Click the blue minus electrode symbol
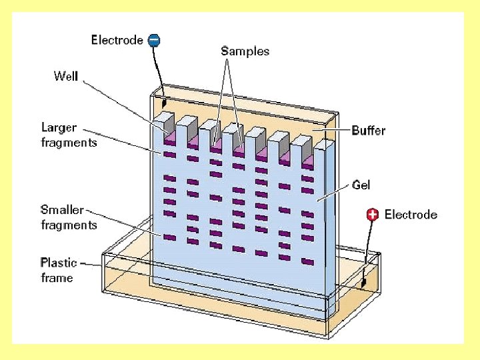[x=153, y=40]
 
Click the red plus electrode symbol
[x=373, y=214]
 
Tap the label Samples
[x=245, y=51]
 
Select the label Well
[x=66, y=76]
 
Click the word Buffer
[x=368, y=131]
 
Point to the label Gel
[x=361, y=185]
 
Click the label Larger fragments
[x=69, y=135]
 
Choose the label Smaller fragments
[x=69, y=217]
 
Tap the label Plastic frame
[x=59, y=270]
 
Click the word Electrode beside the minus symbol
[x=117, y=40]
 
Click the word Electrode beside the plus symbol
[x=411, y=215]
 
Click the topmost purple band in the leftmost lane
[x=169, y=155]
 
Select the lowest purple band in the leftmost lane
[x=169, y=237]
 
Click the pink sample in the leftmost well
[x=169, y=138]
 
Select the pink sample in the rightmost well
[x=308, y=161]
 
